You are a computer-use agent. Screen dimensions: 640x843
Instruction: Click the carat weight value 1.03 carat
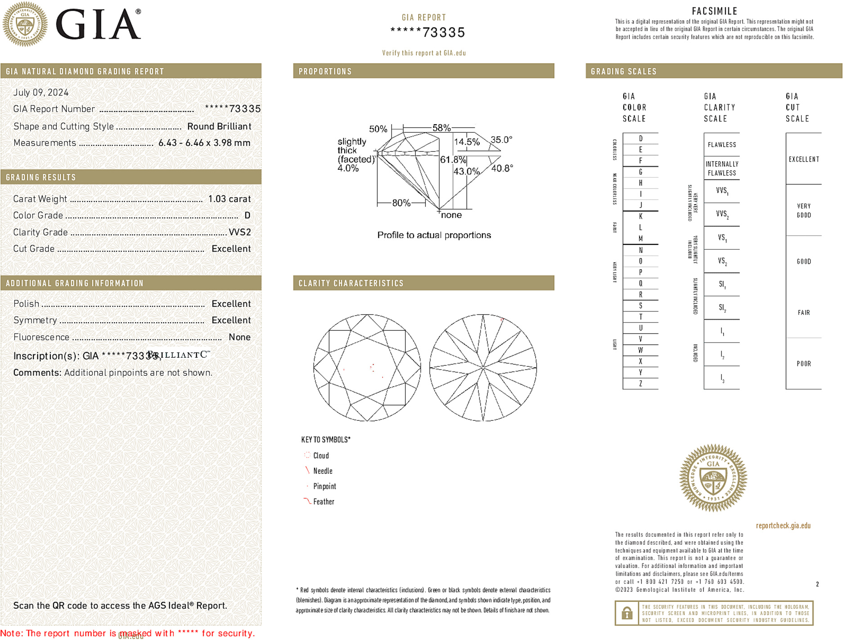point(229,199)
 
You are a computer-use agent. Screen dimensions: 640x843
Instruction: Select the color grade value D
point(247,216)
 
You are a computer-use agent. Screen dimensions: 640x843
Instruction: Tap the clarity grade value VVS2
point(239,232)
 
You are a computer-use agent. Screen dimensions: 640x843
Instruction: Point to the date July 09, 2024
point(41,93)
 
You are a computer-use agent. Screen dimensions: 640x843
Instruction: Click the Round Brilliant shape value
point(219,126)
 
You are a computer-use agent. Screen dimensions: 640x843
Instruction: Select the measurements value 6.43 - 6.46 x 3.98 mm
point(204,143)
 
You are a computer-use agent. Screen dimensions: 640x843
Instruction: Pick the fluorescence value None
point(239,337)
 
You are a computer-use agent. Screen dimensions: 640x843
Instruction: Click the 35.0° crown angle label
point(501,140)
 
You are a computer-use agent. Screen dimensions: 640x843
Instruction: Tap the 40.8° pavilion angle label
point(502,168)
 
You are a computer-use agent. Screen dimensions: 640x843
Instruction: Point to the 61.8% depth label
point(453,160)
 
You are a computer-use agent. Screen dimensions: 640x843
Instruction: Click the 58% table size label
point(441,128)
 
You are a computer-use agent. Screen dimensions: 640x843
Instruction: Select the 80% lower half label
point(401,203)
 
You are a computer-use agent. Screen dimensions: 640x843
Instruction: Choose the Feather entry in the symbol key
point(324,502)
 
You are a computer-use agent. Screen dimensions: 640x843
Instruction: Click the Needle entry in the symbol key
point(323,471)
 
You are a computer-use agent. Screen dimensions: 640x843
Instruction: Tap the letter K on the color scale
point(640,216)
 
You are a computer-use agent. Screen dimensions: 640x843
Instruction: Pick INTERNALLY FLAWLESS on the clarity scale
point(721,169)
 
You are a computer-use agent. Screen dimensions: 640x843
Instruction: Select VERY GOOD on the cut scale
point(803,211)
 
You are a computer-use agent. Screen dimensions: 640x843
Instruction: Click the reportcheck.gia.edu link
point(783,526)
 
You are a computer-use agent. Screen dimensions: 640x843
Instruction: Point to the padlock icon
point(627,613)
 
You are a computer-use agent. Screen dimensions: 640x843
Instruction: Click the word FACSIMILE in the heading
point(714,11)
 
